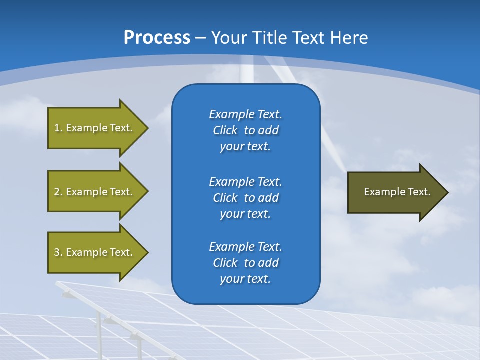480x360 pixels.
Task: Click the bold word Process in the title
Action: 157,38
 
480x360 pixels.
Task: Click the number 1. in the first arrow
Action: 58,128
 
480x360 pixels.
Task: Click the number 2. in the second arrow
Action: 58,192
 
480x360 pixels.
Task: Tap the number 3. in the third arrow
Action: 58,252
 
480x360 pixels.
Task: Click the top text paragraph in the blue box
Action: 245,130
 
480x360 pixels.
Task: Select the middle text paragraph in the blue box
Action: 245,198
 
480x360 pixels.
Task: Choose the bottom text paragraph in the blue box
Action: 245,263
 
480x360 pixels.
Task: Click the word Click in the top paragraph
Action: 225,130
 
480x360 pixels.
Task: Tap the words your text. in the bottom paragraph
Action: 245,279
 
